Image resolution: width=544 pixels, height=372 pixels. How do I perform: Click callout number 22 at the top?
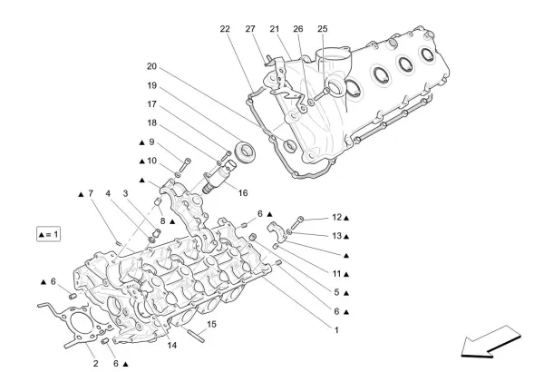(x=225, y=29)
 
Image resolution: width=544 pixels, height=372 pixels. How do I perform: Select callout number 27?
(x=251, y=29)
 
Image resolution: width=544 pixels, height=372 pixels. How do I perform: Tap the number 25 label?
(x=322, y=29)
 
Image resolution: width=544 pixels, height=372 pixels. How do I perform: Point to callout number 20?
(x=151, y=66)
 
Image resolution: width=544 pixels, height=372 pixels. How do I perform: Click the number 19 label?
(x=151, y=85)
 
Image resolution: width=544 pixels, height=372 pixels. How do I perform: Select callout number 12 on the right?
(x=335, y=218)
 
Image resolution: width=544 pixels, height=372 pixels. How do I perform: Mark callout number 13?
(x=335, y=236)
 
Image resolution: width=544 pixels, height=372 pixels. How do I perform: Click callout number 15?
(x=212, y=324)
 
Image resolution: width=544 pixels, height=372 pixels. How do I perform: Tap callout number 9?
(x=151, y=142)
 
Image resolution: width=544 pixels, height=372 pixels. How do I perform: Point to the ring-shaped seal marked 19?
(x=244, y=150)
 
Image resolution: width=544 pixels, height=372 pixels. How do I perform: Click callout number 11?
(x=335, y=273)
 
